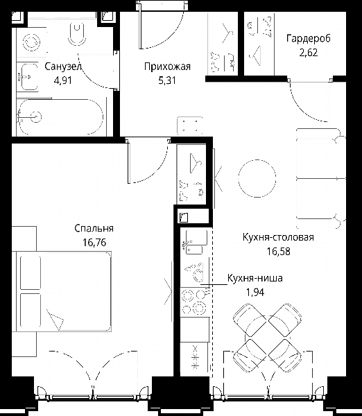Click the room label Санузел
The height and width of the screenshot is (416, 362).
[x=63, y=67]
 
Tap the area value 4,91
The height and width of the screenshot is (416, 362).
[x=63, y=80]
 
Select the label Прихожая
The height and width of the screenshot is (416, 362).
[x=167, y=67]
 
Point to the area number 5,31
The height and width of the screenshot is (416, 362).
[x=167, y=80]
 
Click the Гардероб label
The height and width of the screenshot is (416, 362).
[x=309, y=38]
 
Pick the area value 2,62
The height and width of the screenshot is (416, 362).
[x=309, y=53]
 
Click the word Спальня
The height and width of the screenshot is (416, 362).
[x=94, y=228]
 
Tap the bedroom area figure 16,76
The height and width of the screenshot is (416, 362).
[x=94, y=242]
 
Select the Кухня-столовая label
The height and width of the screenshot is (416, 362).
[x=278, y=237]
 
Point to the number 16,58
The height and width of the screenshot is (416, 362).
[x=278, y=251]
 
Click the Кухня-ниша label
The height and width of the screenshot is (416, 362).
[x=255, y=278]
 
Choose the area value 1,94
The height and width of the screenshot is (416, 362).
[x=255, y=293]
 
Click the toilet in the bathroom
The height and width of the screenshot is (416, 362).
[x=77, y=35]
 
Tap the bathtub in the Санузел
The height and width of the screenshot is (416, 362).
[x=60, y=117]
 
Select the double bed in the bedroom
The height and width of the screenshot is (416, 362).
[x=64, y=292]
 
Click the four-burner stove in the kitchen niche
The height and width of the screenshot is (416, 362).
[x=193, y=302]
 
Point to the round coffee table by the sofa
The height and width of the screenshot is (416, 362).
[x=257, y=178]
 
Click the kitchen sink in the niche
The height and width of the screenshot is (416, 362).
[x=196, y=242]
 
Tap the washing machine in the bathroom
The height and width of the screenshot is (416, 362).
[x=32, y=42]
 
